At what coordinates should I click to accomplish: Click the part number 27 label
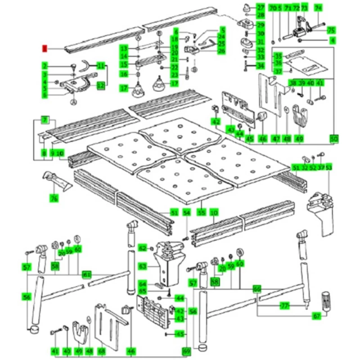click(x=261, y=8)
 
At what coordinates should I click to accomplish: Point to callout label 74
click(x=319, y=8)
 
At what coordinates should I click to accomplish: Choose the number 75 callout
click(x=331, y=31)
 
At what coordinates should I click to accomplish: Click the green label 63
click(x=143, y=267)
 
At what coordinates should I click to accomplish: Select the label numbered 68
click(x=102, y=351)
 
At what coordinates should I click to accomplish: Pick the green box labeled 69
click(x=186, y=351)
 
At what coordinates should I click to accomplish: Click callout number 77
click(x=284, y=306)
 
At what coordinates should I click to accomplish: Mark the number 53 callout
click(x=329, y=167)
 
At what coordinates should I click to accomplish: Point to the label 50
click(x=333, y=138)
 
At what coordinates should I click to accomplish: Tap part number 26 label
click(x=221, y=51)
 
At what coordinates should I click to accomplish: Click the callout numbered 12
click(x=101, y=84)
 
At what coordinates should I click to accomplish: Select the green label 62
click(x=143, y=248)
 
